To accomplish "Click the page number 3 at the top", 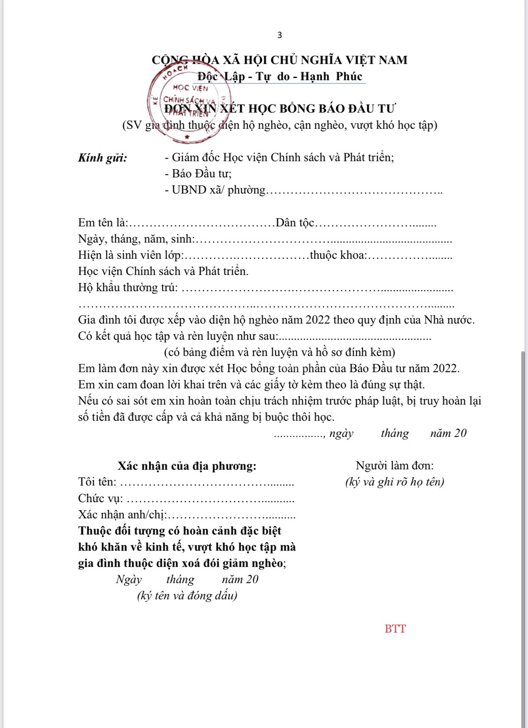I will (x=280, y=35).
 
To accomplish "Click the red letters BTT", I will (x=395, y=629).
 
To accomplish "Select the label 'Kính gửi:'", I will (x=103, y=158).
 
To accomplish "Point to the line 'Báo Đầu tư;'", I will (x=198, y=174).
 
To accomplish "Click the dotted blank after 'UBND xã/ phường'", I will (x=354, y=190).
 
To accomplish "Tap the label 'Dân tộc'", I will (x=295, y=223).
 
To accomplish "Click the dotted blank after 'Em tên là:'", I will (x=202, y=223).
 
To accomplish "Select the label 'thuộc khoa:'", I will (x=338, y=255).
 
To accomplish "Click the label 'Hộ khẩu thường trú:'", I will (x=128, y=288).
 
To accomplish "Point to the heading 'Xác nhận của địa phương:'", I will (x=187, y=466).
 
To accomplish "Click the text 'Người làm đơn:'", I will (x=395, y=466).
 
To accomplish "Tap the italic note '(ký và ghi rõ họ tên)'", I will (x=395, y=482).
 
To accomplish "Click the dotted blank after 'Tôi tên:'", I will (x=207, y=483).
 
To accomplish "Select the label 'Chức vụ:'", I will (x=100, y=499).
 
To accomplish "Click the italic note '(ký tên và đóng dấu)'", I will (x=187, y=596).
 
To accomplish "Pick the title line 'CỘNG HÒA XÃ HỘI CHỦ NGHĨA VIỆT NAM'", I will (x=280, y=60).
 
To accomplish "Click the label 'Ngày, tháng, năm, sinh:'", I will (x=136, y=239).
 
